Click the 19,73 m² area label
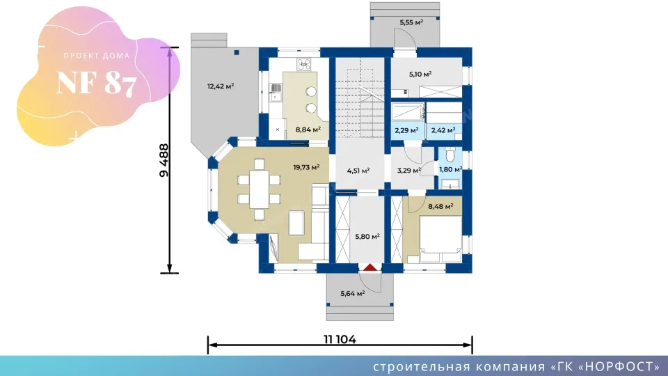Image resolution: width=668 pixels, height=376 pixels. click(x=306, y=168)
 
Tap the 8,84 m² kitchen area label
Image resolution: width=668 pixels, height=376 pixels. click(x=308, y=130)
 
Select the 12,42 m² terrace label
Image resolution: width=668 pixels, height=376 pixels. click(x=221, y=86)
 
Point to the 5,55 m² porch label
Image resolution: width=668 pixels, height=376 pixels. click(x=411, y=22)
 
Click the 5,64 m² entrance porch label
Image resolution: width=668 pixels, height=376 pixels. click(x=352, y=293)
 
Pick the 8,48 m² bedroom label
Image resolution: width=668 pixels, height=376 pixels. click(x=440, y=207)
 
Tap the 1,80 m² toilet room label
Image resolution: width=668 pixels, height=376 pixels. click(x=451, y=170)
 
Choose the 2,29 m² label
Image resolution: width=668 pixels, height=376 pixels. click(x=406, y=130)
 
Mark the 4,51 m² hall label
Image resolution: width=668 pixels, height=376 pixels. click(x=358, y=171)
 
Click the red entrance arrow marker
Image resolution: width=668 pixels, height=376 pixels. click(x=370, y=267)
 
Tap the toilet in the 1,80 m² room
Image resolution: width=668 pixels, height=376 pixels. click(x=450, y=155)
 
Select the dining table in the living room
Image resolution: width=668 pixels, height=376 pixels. click(x=259, y=189)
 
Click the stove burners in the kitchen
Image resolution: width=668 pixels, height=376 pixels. click(x=303, y=64)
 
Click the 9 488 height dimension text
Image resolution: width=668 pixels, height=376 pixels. click(x=164, y=160)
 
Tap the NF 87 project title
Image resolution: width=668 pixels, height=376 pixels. click(x=97, y=83)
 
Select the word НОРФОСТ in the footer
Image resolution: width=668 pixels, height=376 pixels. click(x=619, y=367)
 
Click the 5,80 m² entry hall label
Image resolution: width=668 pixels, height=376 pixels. click(x=367, y=237)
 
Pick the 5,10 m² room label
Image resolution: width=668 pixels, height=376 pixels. click(x=420, y=75)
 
